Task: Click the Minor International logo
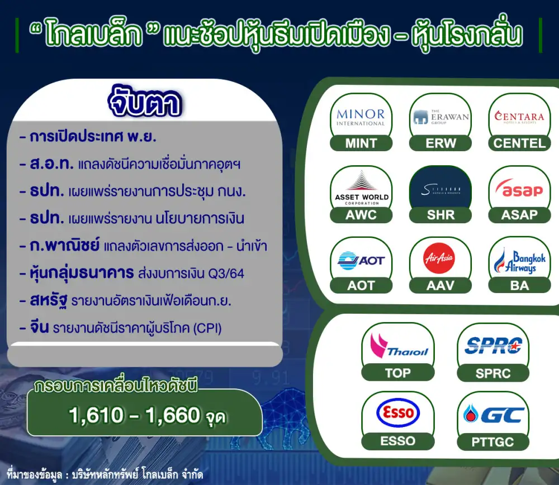click(x=361, y=117)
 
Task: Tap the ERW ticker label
click(x=440, y=143)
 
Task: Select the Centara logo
click(x=519, y=117)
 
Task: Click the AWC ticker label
click(x=361, y=214)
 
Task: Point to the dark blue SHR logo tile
click(x=440, y=189)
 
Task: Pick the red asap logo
click(x=519, y=189)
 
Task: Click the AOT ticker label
click(x=361, y=285)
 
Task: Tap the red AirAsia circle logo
click(x=439, y=258)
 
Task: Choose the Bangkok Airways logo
click(x=519, y=261)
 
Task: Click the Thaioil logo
click(x=399, y=345)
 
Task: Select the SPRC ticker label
click(x=493, y=373)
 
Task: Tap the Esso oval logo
click(x=398, y=412)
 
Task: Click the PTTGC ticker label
click(x=492, y=442)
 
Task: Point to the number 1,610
click(x=96, y=415)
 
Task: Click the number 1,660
click(x=173, y=415)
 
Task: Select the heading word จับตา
click(x=145, y=102)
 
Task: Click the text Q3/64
click(x=226, y=273)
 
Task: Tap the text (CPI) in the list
click(x=207, y=328)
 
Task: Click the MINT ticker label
click(x=361, y=143)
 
